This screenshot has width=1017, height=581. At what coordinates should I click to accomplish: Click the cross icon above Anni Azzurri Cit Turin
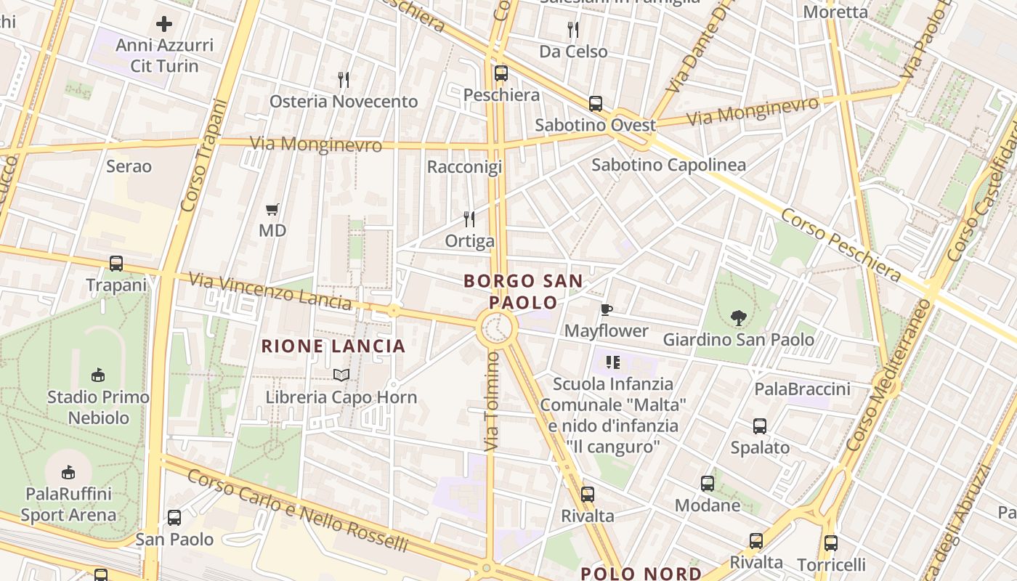tap(164, 24)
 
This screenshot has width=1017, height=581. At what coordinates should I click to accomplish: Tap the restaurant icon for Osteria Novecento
tap(344, 80)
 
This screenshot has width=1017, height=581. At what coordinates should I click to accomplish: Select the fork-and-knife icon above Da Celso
tap(573, 30)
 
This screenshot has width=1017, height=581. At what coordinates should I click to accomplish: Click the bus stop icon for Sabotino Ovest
tap(596, 104)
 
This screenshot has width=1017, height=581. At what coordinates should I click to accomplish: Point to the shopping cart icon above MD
tap(272, 210)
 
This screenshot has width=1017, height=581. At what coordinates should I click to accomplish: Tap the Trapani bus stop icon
tap(116, 264)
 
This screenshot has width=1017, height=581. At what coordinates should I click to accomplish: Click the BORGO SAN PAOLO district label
tap(523, 291)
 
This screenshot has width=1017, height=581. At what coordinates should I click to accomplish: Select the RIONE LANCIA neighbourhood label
tap(333, 346)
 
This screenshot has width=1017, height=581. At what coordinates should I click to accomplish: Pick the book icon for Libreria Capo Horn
tap(341, 375)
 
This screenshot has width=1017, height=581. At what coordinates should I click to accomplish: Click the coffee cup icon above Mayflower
tap(607, 310)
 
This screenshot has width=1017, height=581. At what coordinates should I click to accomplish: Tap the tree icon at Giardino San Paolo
tap(739, 317)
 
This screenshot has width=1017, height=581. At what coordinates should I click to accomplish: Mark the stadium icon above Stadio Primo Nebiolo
tap(98, 375)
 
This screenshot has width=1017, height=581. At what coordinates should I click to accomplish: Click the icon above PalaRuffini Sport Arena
tap(68, 472)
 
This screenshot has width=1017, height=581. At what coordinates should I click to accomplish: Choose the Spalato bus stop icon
tap(760, 426)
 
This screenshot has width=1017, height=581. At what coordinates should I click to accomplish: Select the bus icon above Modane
tap(708, 484)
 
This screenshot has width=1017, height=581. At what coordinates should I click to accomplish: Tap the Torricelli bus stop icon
tap(831, 543)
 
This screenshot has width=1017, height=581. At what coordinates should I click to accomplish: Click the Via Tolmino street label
tap(492, 399)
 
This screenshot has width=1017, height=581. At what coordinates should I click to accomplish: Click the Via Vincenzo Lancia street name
tap(270, 289)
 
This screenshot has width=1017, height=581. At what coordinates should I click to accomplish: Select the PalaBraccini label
tap(802, 389)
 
